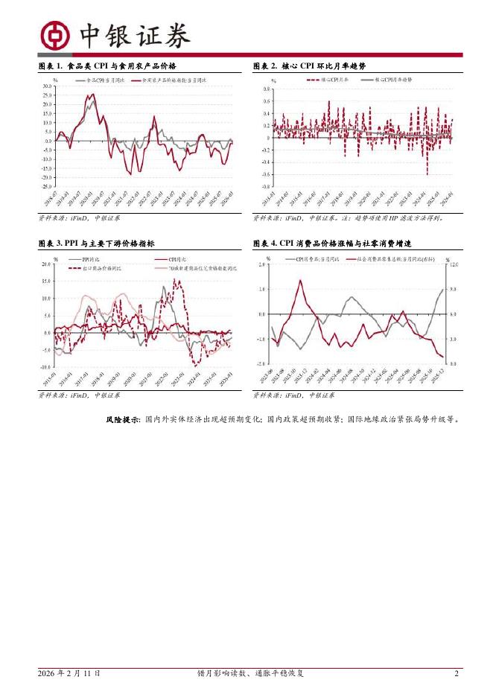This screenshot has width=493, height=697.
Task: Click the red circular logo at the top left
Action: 56,34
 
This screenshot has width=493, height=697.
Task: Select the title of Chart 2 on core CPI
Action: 309,66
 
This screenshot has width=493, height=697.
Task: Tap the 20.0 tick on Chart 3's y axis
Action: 45,264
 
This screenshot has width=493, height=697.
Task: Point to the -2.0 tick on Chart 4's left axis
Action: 261,363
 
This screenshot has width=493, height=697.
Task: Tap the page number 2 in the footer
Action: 457,673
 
